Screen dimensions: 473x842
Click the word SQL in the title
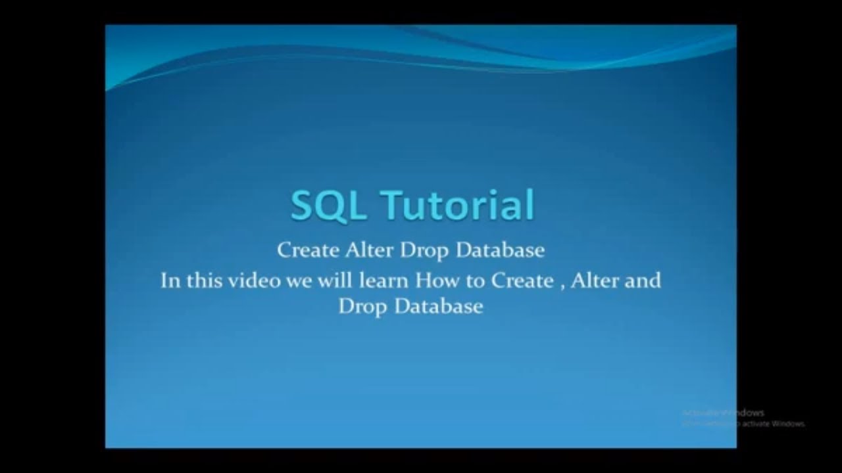tap(326, 206)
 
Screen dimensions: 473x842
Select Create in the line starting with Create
tap(307, 250)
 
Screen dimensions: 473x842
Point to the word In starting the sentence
tap(170, 281)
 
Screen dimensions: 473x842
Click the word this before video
tap(204, 281)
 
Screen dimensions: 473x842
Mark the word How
tap(433, 281)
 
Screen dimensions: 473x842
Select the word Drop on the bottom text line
tap(363, 307)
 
